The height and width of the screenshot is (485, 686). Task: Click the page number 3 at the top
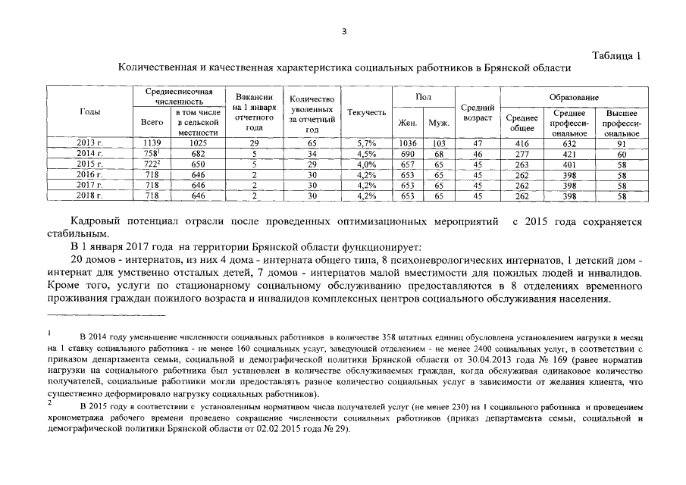pos(343,31)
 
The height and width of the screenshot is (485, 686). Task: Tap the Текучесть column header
pos(366,113)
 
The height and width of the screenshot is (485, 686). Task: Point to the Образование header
pos(574,98)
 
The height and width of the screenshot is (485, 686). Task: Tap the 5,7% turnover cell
pos(366,142)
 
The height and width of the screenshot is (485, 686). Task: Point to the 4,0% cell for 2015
pos(366,164)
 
